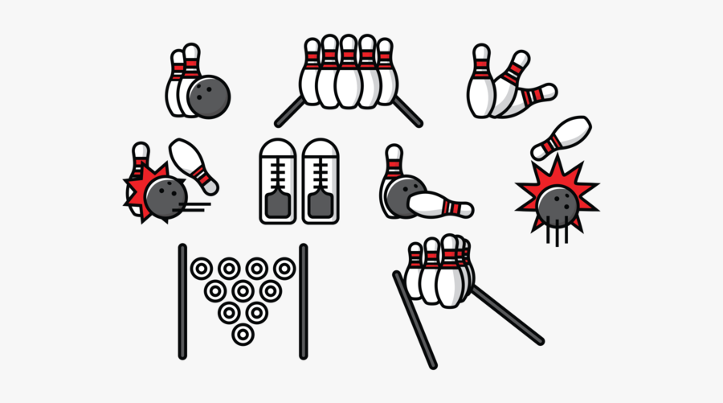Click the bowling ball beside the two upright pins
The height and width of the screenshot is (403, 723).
(209, 97)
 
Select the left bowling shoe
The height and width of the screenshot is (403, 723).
(276, 182)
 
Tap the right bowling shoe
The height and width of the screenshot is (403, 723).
(321, 182)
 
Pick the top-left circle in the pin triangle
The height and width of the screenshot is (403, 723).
(201, 268)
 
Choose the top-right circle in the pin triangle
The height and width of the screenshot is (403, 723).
(284, 268)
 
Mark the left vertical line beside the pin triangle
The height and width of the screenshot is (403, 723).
(182, 301)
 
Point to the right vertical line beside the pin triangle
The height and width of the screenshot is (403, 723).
(303, 301)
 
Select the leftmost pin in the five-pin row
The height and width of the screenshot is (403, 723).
(312, 72)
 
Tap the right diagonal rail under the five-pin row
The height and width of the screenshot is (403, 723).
(407, 113)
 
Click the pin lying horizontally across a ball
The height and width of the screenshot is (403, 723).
(438, 204)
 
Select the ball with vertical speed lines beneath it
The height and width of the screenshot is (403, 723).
(556, 206)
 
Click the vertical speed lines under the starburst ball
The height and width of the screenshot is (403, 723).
(554, 234)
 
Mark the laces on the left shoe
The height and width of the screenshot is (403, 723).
(276, 168)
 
